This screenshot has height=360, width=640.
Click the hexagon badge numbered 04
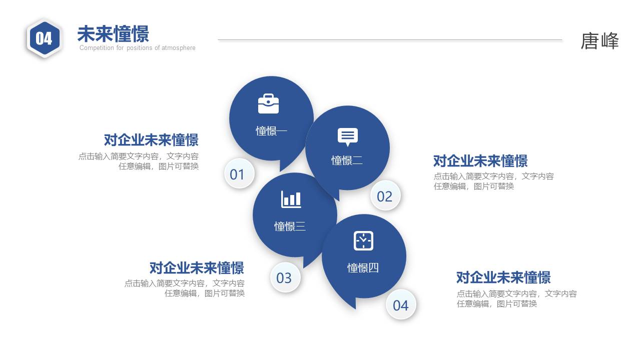[44, 38]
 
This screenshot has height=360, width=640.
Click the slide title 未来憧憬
[113, 34]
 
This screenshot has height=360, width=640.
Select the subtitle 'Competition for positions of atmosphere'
[137, 48]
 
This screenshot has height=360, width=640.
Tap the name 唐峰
[599, 41]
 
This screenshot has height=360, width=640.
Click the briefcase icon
[268, 103]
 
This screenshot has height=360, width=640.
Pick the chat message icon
[347, 136]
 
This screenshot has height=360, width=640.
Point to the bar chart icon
[291, 199]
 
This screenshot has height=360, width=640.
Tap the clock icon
[363, 240]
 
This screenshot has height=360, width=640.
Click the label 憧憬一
[271, 131]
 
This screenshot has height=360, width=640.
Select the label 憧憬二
[347, 160]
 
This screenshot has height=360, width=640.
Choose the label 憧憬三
[290, 226]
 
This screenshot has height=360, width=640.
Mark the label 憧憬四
[363, 268]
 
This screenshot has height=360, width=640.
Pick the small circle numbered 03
[284, 278]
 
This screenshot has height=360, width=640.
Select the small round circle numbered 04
[400, 305]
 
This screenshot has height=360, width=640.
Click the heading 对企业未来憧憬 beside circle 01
[151, 140]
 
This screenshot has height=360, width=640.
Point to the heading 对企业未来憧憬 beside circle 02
[480, 161]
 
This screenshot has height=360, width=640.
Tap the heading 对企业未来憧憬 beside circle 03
[197, 268]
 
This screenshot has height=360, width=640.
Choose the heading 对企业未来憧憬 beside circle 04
[503, 277]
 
